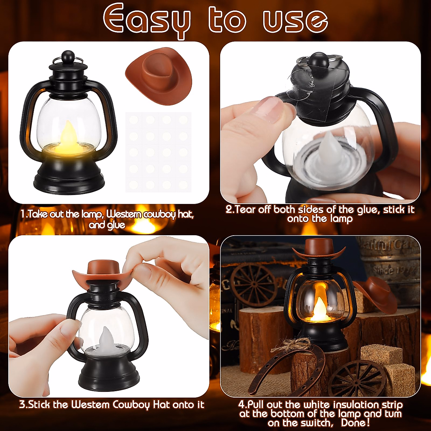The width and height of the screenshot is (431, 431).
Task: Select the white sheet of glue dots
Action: (x=158, y=152)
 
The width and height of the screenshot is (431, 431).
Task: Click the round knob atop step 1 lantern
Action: (x=67, y=56)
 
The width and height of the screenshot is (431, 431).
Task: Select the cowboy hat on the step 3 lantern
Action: (x=101, y=272)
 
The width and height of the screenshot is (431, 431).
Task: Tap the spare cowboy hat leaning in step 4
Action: (x=374, y=293)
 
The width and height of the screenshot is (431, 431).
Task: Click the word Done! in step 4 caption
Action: (x=355, y=423)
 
